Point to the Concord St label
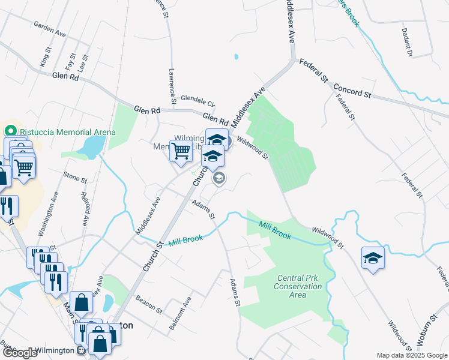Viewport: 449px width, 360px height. pyautogui.click(x=353, y=91)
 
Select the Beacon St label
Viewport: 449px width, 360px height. pyautogui.click(x=149, y=304)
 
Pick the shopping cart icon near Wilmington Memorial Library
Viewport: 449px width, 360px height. pyautogui.click(x=181, y=151)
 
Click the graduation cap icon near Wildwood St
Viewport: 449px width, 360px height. pyautogui.click(x=373, y=259)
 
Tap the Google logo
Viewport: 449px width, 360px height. pyautogui.click(x=19, y=353)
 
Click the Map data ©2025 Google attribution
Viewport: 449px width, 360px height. pyautogui.click(x=412, y=355)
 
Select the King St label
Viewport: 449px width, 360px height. pyautogui.click(x=43, y=59)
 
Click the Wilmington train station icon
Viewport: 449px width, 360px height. pyautogui.click(x=80, y=350)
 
